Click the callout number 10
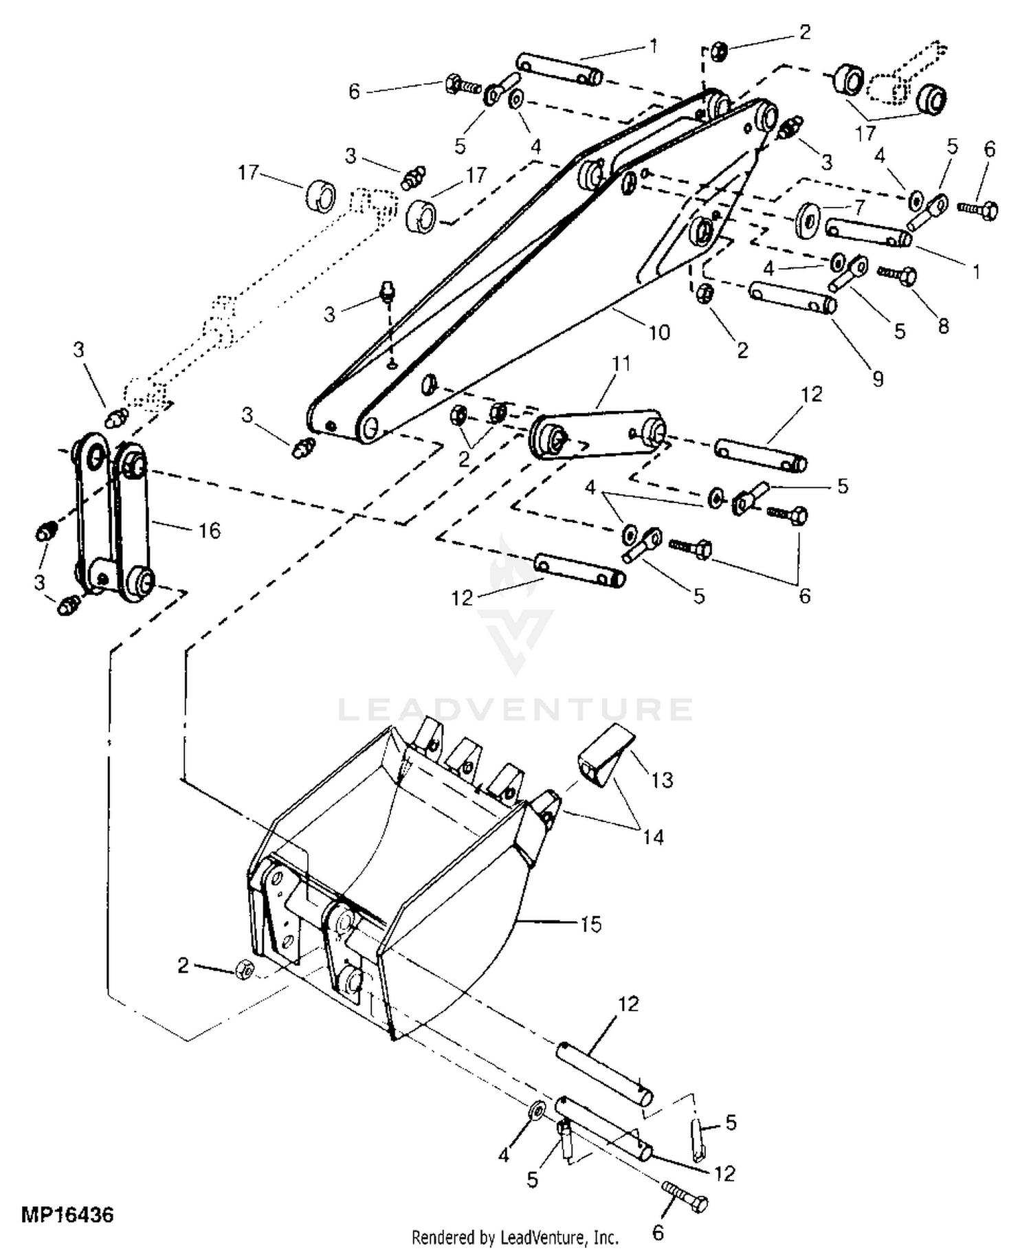point(658,333)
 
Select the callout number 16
point(210,531)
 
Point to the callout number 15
point(591,924)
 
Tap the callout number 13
point(662,780)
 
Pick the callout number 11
point(621,363)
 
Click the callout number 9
point(878,379)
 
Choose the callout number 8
point(943,326)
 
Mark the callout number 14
point(653,836)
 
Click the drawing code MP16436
point(67,1215)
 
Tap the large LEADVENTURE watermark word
point(515,709)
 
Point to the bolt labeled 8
point(897,276)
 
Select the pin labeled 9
point(792,297)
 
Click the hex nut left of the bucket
point(244,970)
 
